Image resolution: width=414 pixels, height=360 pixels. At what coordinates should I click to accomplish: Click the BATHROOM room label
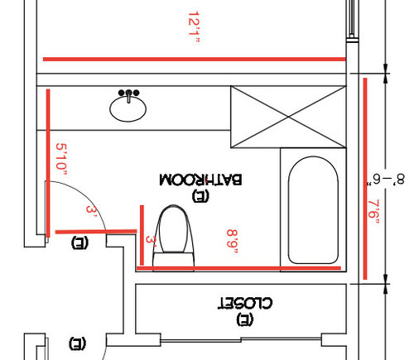[200, 180]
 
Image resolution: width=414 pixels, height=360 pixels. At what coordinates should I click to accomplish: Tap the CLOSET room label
[245, 303]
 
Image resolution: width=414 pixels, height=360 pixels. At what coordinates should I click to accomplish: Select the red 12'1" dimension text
[194, 26]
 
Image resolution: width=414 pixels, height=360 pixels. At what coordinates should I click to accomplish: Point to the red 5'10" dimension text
[61, 159]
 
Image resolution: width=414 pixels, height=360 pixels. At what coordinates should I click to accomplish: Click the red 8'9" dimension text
[232, 241]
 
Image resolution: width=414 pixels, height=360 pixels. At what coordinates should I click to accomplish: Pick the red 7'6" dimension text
[373, 212]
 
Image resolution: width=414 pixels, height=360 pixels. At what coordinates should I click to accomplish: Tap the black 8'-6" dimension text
[386, 180]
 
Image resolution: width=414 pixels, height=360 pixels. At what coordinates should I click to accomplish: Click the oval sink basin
[128, 109]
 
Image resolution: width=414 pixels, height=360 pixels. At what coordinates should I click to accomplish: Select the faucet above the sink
[128, 95]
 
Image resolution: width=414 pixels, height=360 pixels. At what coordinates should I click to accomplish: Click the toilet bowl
[173, 229]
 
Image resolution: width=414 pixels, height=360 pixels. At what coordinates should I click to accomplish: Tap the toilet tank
[174, 262]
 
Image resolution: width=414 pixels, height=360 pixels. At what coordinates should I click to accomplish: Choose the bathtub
[313, 210]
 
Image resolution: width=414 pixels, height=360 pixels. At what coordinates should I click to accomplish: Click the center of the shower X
[288, 117]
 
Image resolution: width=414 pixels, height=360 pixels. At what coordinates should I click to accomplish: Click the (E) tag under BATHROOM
[200, 195]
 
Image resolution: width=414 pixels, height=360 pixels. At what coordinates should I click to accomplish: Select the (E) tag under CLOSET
[244, 319]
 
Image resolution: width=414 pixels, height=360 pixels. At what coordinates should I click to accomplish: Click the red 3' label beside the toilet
[151, 241]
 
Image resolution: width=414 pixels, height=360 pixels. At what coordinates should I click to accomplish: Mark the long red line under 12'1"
[195, 59]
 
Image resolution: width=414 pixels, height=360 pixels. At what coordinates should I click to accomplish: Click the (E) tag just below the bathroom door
[79, 242]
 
